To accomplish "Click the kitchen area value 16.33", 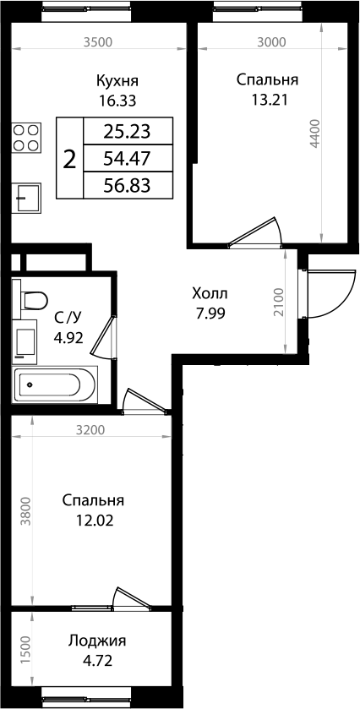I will coord(117,99).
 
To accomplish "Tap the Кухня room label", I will coord(117,81).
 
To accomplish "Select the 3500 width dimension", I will coord(98,41).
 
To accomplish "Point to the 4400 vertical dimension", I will coord(314,134).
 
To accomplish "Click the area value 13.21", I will coord(267,99).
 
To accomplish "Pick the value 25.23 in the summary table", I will coord(127,130).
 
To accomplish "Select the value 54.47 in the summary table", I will coord(127,157).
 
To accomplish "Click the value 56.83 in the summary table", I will coord(127,184).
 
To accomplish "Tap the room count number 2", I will coord(70,158).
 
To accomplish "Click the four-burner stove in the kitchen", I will coord(27,137).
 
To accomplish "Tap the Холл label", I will coord(210,293).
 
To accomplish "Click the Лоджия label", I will coord(97,640).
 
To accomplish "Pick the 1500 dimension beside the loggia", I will coord(25,648).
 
